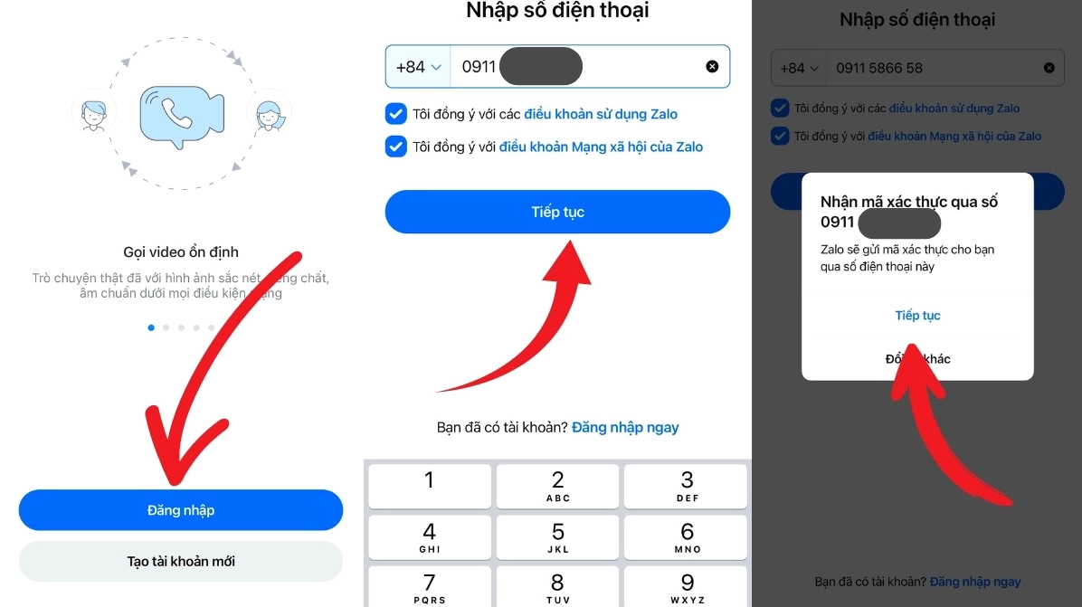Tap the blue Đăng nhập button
[180, 510]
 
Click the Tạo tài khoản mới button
[180, 561]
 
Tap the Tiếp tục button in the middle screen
[557, 212]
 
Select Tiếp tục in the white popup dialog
[917, 315]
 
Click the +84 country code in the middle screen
[417, 67]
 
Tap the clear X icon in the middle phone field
[712, 67]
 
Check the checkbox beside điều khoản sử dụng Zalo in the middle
[395, 114]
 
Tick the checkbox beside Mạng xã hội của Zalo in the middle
[395, 147]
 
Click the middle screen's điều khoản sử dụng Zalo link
[601, 114]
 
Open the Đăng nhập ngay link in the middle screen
[625, 427]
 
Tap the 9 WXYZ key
[687, 588]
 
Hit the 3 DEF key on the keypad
[687, 486]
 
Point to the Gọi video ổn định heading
[181, 251]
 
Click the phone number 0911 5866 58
[879, 68]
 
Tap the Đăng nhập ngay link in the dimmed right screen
[975, 582]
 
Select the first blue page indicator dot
[151, 327]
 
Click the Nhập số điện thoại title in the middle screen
[557, 11]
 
